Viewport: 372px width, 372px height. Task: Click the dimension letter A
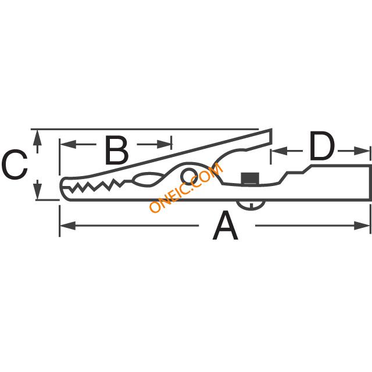225,226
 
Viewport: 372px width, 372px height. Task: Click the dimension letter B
116,150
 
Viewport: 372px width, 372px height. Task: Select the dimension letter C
15,164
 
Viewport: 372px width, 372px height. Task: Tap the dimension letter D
322,146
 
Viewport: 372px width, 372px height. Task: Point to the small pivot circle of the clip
189,177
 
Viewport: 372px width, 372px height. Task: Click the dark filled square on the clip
250,178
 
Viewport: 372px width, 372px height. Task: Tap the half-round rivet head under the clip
251,205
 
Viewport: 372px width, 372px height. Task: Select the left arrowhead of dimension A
68,226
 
